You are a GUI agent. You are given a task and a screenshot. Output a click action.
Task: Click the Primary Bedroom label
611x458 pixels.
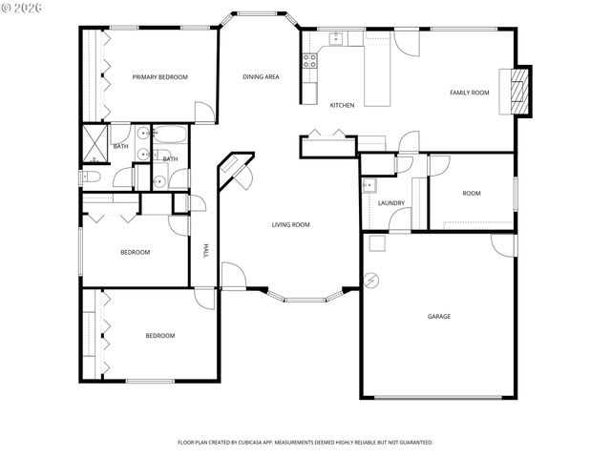pyautogui.click(x=159, y=76)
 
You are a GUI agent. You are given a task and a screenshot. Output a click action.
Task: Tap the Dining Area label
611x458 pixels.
pyautogui.click(x=261, y=76)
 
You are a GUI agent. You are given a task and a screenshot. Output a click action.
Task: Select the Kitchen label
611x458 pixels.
pyautogui.click(x=343, y=105)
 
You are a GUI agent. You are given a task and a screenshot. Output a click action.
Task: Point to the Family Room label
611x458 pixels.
pyautogui.click(x=470, y=93)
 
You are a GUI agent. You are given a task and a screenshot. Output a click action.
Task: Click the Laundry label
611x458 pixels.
pyautogui.click(x=391, y=202)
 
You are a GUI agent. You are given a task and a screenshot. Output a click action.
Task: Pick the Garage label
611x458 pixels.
pyautogui.click(x=438, y=316)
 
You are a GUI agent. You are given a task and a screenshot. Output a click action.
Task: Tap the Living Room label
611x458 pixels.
pyautogui.click(x=291, y=224)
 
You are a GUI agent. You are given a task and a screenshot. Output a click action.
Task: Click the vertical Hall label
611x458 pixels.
pyautogui.click(x=204, y=251)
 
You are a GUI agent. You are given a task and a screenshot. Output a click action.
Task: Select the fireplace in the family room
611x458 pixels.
pyautogui.click(x=518, y=91)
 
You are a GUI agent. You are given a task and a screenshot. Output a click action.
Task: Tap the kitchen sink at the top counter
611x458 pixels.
pyautogui.click(x=336, y=38)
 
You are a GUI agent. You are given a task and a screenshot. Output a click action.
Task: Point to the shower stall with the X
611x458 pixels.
pyautogui.click(x=95, y=141)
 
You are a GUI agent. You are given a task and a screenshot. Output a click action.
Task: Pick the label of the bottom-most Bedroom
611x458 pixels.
pyautogui.click(x=159, y=335)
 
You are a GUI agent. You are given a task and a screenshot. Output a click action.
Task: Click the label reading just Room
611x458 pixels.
pyautogui.click(x=472, y=193)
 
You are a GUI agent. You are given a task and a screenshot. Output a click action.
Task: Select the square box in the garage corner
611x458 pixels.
pyautogui.click(x=376, y=243)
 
